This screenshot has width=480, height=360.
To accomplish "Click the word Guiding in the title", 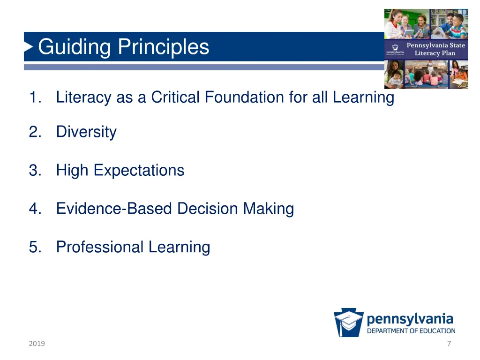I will tap(75, 47).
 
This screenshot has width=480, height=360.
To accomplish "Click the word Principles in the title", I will tap(163, 47).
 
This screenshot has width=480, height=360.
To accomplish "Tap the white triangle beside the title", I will tap(29, 47).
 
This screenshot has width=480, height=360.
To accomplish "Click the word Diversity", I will tap(86, 132).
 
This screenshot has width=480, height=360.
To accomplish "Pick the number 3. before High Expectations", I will tap(35, 170).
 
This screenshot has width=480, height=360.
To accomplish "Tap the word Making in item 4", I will tap(268, 209).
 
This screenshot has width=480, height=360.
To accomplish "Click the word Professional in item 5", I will tap(100, 247).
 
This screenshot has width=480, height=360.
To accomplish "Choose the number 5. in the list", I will tap(35, 247).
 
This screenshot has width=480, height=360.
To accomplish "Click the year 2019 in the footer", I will tap(37, 344).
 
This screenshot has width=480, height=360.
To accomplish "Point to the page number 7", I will tap(449, 344).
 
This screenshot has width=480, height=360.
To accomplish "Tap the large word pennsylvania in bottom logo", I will tap(410, 319).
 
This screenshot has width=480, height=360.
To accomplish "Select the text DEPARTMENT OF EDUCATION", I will tap(411, 331).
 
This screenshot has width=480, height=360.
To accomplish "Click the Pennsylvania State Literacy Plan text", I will tap(435, 49).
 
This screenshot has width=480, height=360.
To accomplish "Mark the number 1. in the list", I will tap(35, 97).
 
